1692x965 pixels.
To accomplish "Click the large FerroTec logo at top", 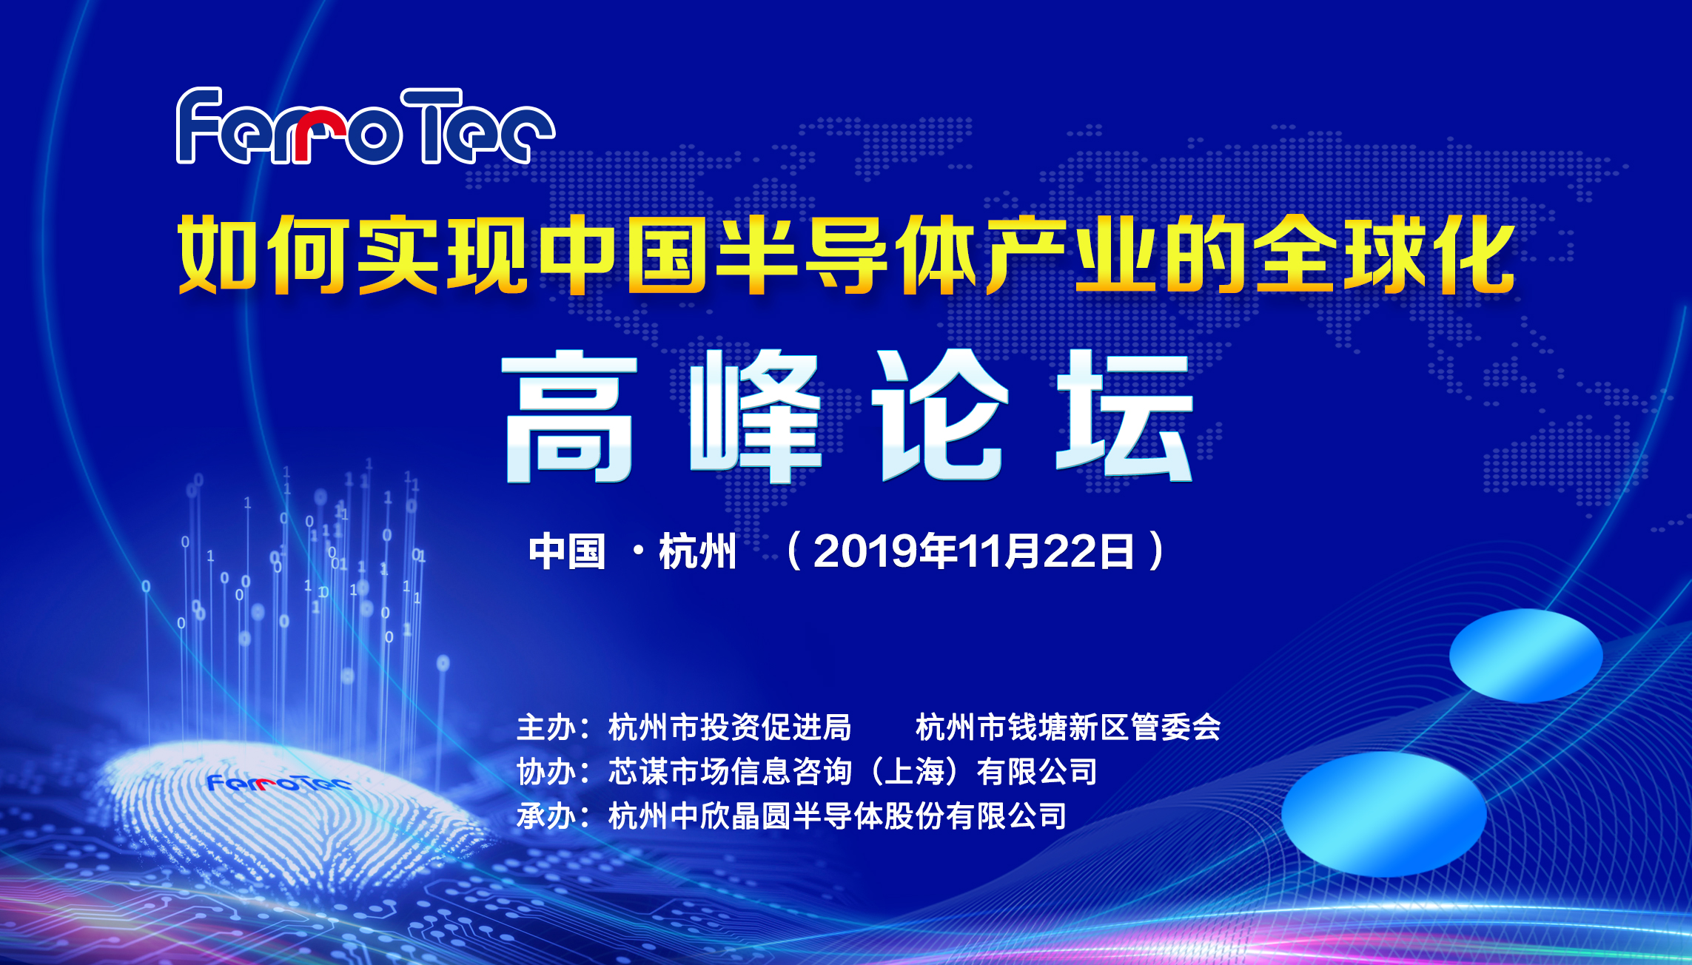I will tap(365, 127).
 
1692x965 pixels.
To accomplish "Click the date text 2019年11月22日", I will tap(973, 551).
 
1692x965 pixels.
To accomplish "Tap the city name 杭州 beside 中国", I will tap(697, 552).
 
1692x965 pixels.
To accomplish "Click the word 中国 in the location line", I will tap(567, 552).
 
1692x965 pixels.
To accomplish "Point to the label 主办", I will tap(546, 727).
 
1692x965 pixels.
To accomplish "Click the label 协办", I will tap(546, 772).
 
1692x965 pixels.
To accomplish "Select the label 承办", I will tap(546, 816).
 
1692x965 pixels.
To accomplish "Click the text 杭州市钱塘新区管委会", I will tap(1068, 727).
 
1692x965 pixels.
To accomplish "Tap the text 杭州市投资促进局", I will tap(730, 727).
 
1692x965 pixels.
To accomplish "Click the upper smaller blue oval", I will tap(1525, 656).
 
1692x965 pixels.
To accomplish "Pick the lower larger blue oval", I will tap(1384, 813).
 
